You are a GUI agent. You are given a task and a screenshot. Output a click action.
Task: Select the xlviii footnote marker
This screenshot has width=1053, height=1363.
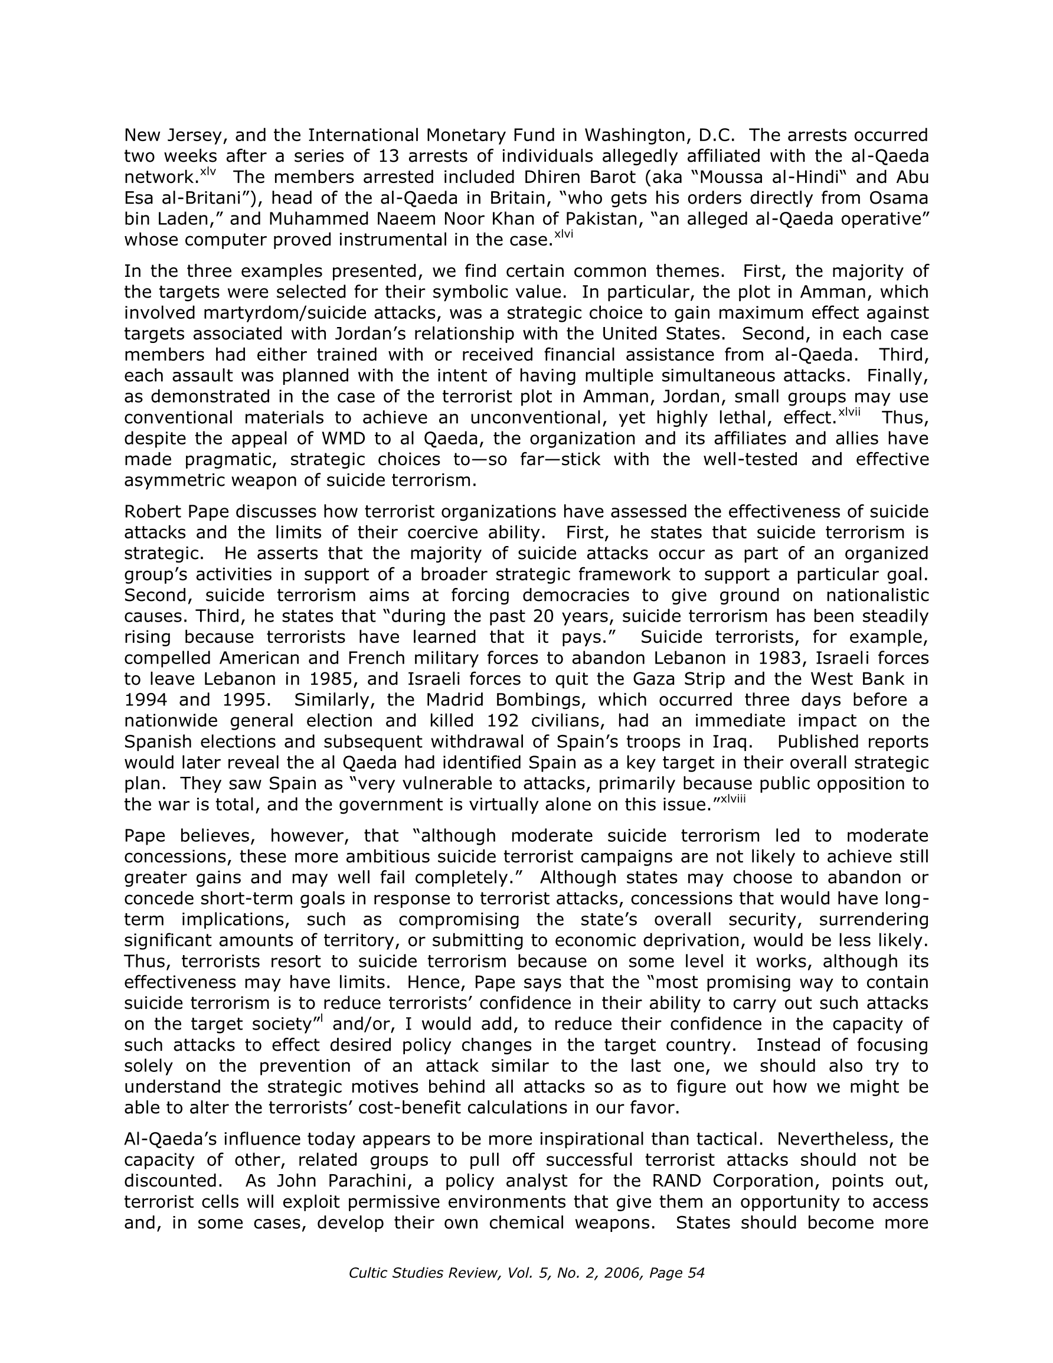point(733,799)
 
